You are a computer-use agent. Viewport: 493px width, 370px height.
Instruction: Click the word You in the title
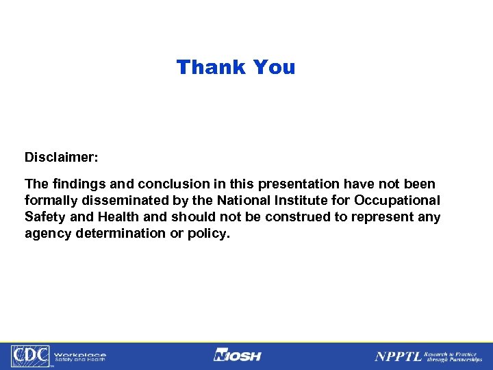(274, 67)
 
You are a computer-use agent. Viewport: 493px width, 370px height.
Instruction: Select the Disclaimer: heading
(62, 158)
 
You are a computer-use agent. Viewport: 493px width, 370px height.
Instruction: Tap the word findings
(75, 184)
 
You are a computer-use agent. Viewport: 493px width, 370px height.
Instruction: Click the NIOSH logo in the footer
(238, 356)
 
